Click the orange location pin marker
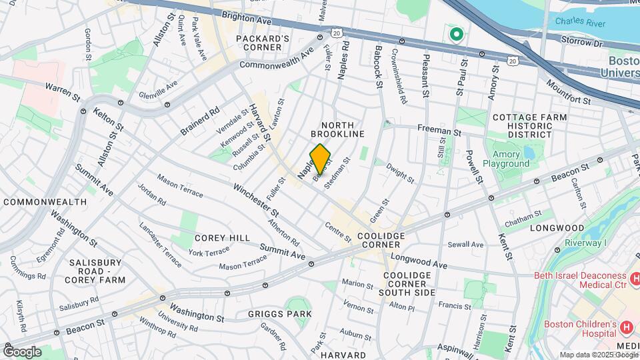(320, 159)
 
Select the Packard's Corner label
(263, 43)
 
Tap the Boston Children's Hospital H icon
(626, 327)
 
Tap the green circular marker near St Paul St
(456, 34)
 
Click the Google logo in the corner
(22, 351)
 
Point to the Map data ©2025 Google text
(597, 355)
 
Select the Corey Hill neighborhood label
(222, 238)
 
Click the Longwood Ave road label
(419, 261)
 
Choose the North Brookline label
(343, 129)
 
